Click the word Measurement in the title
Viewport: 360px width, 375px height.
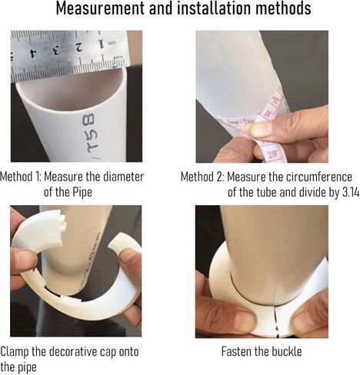[100, 8]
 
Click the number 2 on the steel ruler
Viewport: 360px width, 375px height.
[79, 48]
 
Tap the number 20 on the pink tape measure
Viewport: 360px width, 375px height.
[274, 154]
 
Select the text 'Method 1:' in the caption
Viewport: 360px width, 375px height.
[21, 177]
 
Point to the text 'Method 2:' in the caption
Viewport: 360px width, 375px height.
[202, 177]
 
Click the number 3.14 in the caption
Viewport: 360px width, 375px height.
[351, 192]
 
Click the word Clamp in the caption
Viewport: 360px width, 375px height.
[15, 352]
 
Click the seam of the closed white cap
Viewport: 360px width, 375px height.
[275, 320]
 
